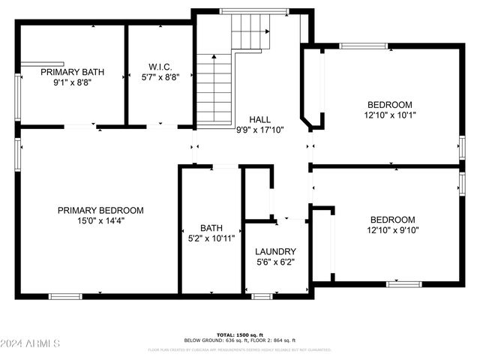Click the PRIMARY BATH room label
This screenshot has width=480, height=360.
click(x=72, y=73)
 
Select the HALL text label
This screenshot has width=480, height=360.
click(x=259, y=119)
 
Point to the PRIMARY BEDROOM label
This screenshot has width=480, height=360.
click(x=100, y=211)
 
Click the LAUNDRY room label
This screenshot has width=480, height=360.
click(x=275, y=251)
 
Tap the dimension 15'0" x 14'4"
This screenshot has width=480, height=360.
click(x=100, y=221)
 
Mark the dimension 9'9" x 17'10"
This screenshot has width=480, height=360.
click(x=259, y=130)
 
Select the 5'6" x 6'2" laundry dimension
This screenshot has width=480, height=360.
click(x=275, y=262)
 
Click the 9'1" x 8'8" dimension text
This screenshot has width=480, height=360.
click(x=72, y=83)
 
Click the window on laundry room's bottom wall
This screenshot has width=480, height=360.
click(x=261, y=296)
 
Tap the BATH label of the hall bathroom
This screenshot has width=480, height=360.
click(x=211, y=228)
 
